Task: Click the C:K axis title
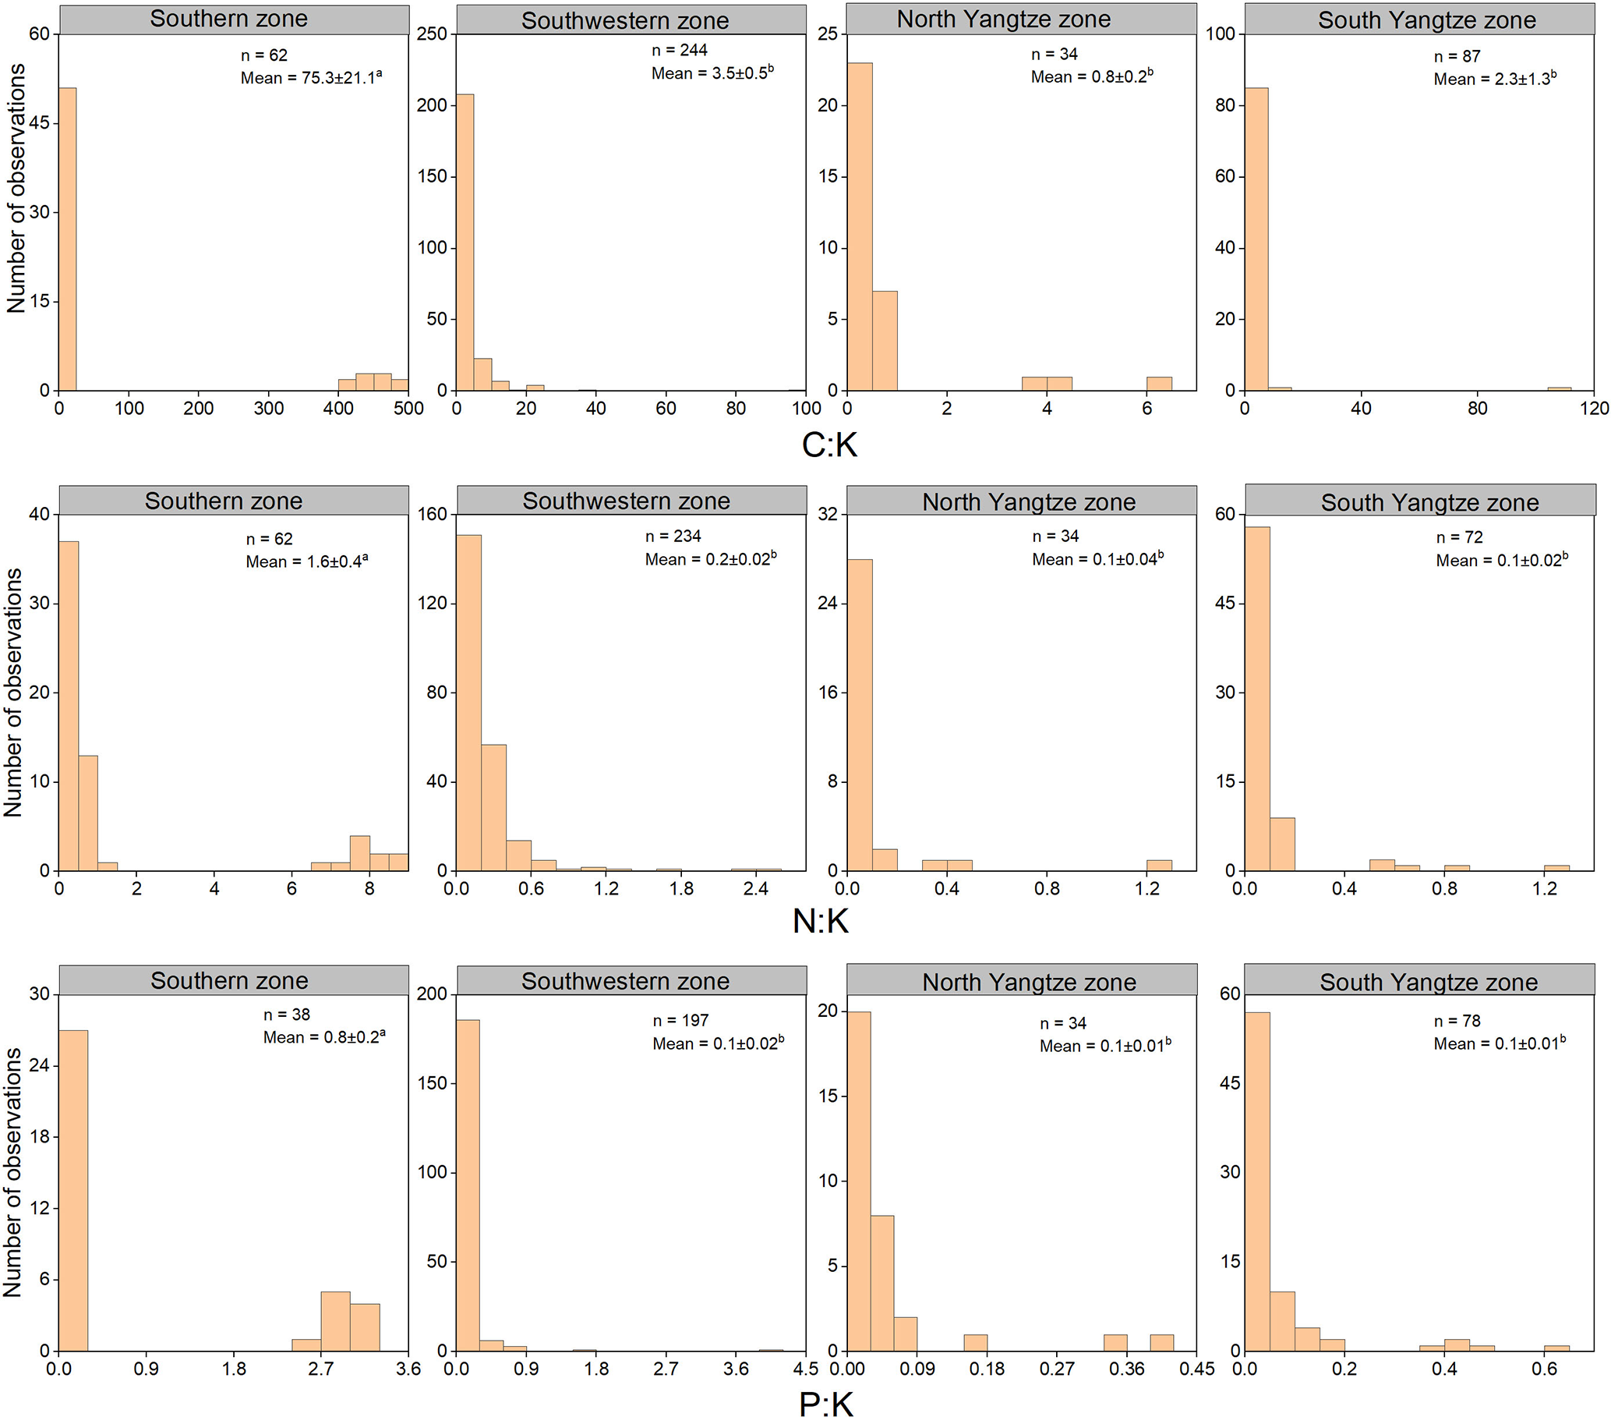point(828,445)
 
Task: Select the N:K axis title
point(820,921)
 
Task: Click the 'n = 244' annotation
point(680,51)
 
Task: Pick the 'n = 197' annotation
point(680,1020)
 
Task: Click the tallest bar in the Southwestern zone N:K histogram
point(469,702)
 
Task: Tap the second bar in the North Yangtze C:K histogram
point(885,341)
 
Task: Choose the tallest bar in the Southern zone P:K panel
point(73,1190)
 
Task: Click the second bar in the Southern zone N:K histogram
point(88,812)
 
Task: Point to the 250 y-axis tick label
point(432,34)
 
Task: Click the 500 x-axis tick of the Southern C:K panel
point(408,409)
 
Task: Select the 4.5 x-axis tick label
point(806,1369)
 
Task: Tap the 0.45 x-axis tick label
point(1196,1369)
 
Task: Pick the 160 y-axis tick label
point(432,514)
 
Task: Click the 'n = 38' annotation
point(287,1014)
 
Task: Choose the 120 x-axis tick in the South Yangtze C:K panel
point(1595,409)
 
